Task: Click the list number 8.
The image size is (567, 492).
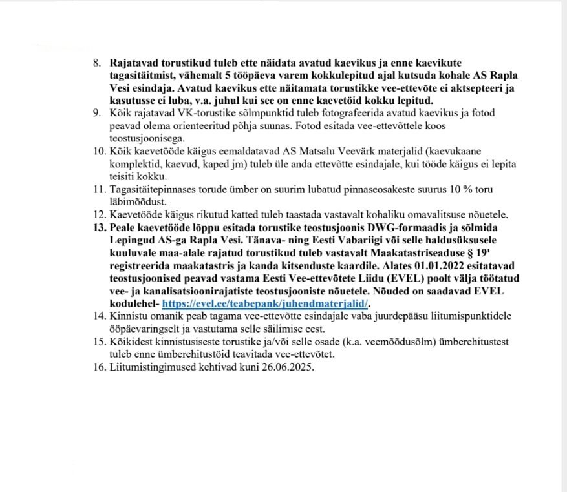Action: click(98, 64)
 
